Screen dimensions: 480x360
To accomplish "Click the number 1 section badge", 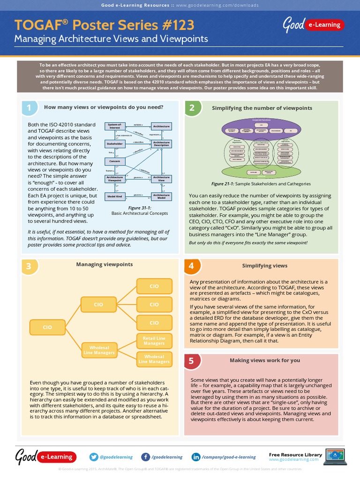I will point(29,108).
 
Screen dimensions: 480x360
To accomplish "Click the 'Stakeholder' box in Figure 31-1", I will point(114,143).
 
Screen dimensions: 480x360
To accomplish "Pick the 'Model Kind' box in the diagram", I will point(114,196).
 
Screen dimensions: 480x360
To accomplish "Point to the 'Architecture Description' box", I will point(161,143).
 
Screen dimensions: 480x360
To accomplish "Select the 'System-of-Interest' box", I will point(114,126).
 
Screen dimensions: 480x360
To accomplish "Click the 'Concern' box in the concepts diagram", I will point(114,161).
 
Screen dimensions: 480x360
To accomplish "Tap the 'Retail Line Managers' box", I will point(154,341).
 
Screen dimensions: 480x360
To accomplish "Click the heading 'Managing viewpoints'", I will point(105,264).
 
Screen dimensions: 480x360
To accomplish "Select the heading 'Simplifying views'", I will point(265,266).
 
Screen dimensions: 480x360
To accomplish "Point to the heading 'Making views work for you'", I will point(265,360).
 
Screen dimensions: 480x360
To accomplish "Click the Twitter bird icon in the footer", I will point(93,457).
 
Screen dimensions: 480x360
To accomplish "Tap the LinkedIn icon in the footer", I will point(196,457).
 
